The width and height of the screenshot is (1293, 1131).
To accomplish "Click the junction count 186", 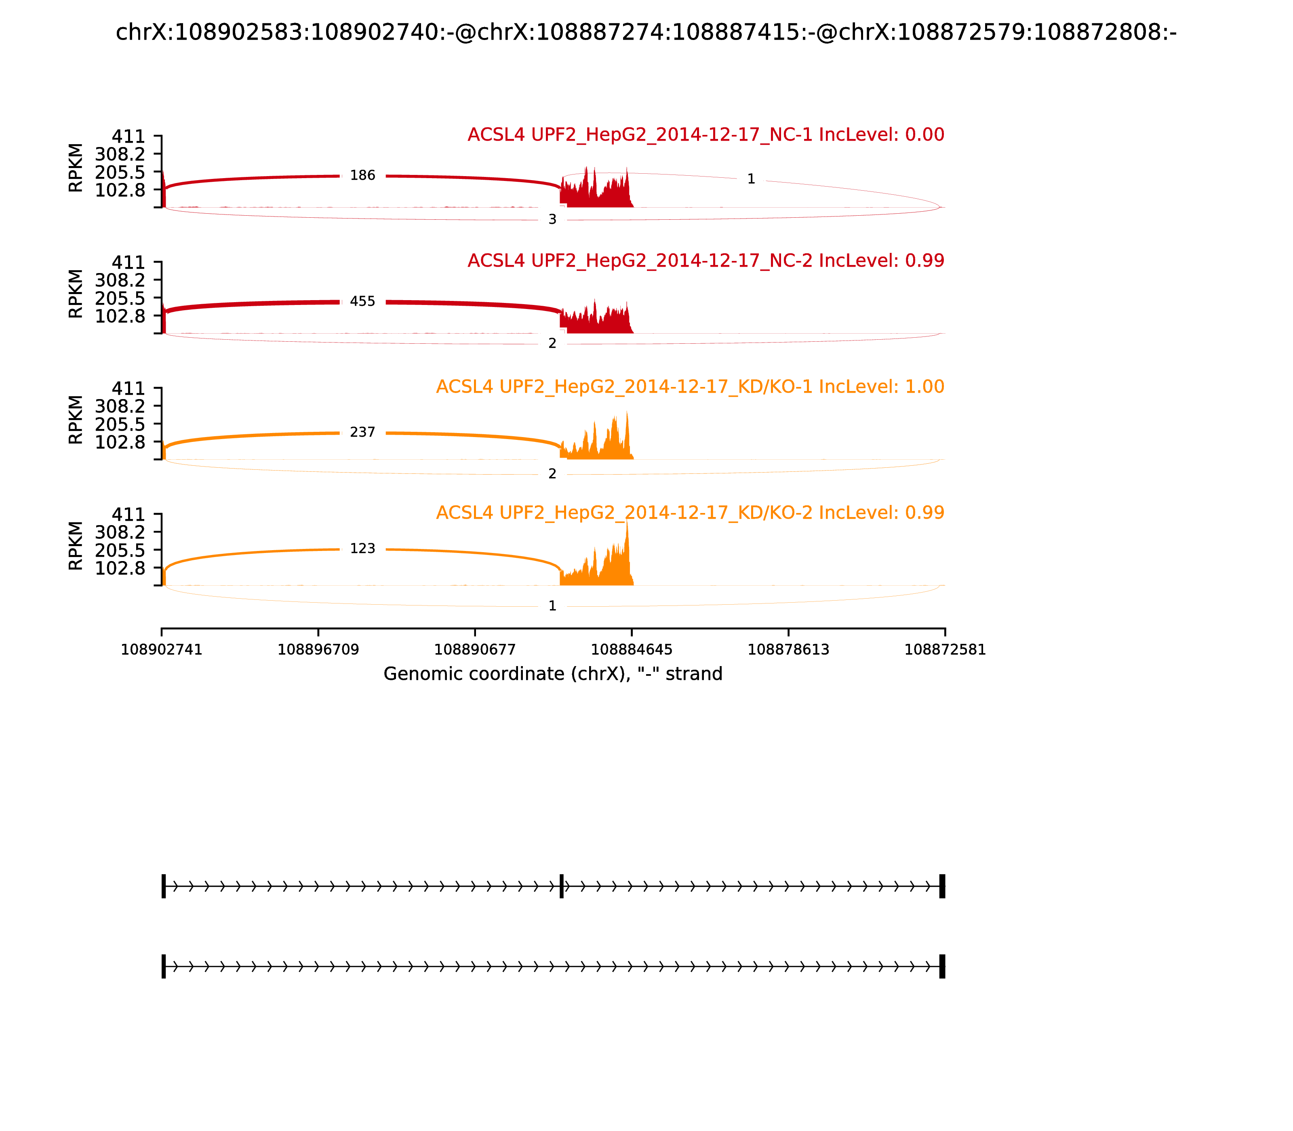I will pos(362,175).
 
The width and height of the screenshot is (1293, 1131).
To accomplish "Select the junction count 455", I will pos(362,302).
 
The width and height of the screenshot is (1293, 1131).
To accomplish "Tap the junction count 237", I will pos(362,432).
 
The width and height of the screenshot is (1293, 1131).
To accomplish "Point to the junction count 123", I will pos(362,549).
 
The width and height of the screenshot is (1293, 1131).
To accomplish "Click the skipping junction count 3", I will pos(552,220).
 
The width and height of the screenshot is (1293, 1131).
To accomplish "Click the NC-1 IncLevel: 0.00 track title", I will pos(705,135).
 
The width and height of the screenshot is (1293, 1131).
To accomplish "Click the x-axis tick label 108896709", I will pos(318,650).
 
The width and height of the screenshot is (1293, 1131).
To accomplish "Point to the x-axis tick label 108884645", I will pos(631,650).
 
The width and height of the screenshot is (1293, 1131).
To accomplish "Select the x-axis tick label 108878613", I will pos(788,650).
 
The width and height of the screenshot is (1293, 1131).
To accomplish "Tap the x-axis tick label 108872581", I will pos(945,650).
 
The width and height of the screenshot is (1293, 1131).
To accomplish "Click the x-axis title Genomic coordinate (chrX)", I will pos(552,674).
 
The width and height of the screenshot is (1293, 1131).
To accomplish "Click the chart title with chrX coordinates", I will pos(646,32).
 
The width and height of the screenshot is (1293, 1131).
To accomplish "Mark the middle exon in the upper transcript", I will pos(561,886).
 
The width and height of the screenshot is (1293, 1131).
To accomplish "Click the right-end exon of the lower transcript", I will pos(942,966).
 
